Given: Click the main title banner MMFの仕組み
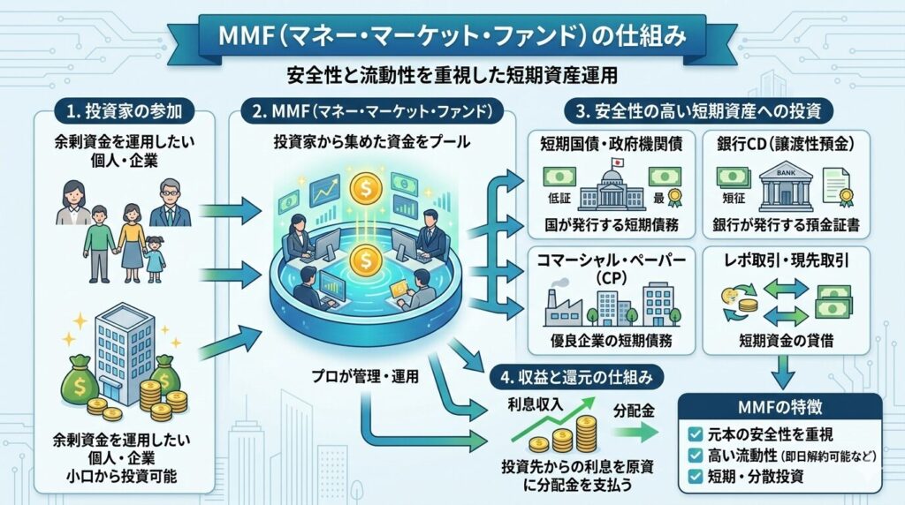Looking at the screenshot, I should click(x=452, y=37).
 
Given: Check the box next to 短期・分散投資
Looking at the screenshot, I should click(x=696, y=478).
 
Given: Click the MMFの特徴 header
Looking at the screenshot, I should click(x=780, y=408).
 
